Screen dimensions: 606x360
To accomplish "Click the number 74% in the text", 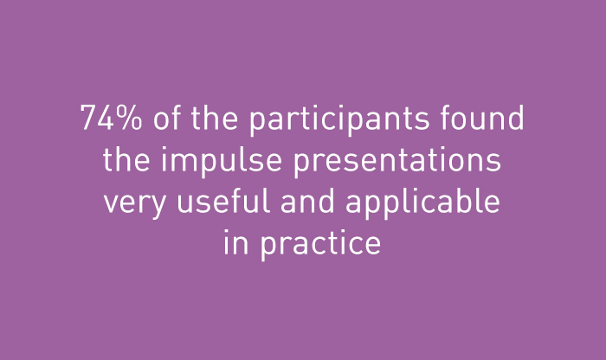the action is tap(111, 118).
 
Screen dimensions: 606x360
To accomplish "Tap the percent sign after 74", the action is tap(129, 118).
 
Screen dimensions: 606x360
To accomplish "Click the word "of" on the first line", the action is tap(167, 117).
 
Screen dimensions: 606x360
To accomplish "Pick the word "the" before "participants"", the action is tap(215, 117).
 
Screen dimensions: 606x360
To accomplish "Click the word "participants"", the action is tap(339, 119).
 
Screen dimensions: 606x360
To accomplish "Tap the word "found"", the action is tap(482, 117).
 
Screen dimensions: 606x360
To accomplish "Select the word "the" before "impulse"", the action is tap(126, 158).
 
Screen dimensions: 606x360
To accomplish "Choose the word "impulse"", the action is tap(222, 162).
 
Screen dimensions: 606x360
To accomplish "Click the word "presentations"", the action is tap(397, 162).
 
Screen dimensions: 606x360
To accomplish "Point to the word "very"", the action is tap(135, 204).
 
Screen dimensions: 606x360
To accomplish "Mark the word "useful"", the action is tap(223, 200).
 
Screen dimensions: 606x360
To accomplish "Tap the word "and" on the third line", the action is tap(307, 200).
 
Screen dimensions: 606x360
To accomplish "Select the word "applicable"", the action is tap(422, 203).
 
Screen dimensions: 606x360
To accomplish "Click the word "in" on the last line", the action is tap(236, 241).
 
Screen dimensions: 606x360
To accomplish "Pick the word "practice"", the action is tap(321, 245).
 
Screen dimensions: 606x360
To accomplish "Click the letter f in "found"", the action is tap(447, 117).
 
